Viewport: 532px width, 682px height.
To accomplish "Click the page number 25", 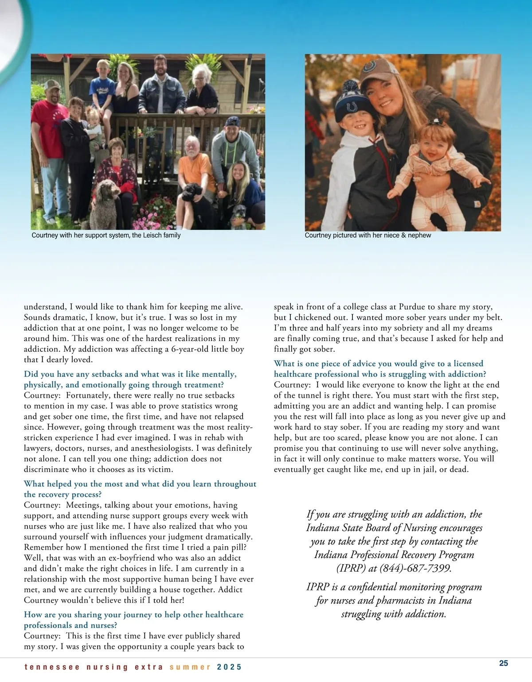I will [x=504, y=663].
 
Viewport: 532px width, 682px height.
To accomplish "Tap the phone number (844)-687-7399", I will [x=415, y=568].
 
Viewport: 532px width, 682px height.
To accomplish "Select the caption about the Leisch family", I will [x=106, y=235].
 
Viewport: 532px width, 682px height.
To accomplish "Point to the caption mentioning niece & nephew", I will [x=368, y=235].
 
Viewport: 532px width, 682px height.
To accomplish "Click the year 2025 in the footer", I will [x=229, y=667].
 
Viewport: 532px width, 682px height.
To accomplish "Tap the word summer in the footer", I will [x=190, y=667].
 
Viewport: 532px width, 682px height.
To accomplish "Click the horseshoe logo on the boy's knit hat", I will [x=352, y=107].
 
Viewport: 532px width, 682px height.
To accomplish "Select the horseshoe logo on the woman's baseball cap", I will [x=369, y=67].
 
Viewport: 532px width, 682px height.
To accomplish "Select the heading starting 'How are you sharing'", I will [x=133, y=620].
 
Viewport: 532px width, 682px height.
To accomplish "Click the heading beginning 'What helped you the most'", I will [x=140, y=489].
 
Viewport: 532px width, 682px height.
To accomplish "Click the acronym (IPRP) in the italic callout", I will [x=351, y=568].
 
